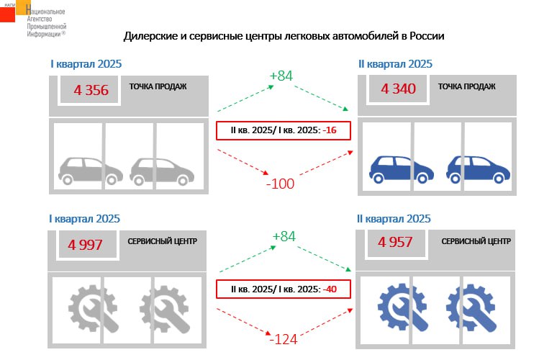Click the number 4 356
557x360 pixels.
point(91,90)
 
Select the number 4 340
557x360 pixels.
point(398,89)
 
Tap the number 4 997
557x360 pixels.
point(85,245)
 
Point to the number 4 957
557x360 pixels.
point(395,243)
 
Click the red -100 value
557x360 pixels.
point(280,184)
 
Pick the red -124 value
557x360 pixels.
point(283,339)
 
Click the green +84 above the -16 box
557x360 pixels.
point(281,76)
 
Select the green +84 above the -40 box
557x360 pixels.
point(284,236)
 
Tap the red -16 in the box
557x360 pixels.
point(330,130)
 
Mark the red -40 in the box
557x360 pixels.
point(330,289)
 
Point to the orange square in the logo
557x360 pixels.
point(24,7)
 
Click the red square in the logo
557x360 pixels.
point(7,14)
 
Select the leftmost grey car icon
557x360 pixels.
point(91,171)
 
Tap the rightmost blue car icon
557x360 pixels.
point(478,169)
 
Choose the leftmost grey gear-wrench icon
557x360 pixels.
point(94,308)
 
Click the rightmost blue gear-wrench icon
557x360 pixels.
point(471,308)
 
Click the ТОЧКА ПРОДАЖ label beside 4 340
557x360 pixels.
point(466,86)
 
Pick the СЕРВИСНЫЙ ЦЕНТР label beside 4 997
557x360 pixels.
point(163,241)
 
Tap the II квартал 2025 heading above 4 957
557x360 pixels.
point(394,219)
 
